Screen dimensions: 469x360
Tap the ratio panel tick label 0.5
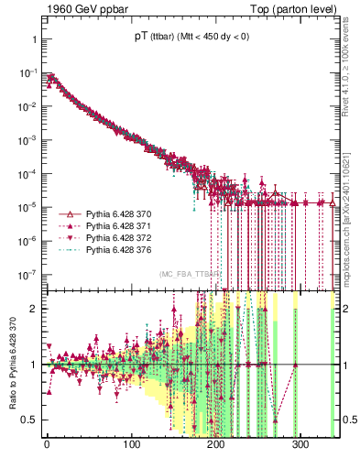[28, 420]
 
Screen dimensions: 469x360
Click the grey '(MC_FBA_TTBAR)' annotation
[190, 274]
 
